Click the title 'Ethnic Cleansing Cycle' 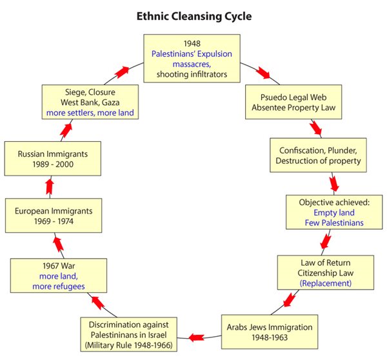coord(194,17)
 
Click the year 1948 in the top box coord(192,43)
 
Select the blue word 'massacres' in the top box coord(192,65)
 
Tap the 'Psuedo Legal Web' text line coord(293,97)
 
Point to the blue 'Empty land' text coord(334,213)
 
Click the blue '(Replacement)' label coord(326,283)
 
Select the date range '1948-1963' coord(270,337)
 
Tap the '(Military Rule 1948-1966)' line coord(128,345)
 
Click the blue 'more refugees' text coord(59,286)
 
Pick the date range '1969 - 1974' coord(54,221)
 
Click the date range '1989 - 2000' coord(53,165)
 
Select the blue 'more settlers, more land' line coord(90,113)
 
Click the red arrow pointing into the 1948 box coord(122,72)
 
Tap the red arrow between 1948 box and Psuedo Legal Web coord(263,73)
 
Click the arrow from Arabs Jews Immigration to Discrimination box coord(197,337)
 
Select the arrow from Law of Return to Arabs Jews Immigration coord(289,299)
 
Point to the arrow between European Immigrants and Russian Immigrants coord(50,186)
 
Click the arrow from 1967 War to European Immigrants coord(58,245)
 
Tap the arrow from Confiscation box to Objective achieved coord(334,185)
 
